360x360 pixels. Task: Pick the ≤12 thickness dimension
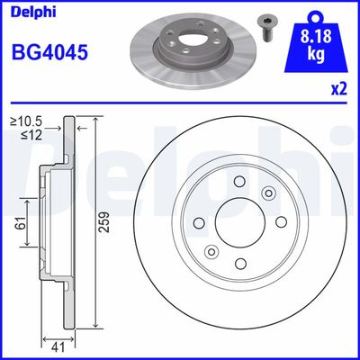pos(32,135)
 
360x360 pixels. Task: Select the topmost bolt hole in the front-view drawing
pos(240,183)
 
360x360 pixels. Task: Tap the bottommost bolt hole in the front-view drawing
pos(240,262)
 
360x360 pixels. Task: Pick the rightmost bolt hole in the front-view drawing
pos(279,222)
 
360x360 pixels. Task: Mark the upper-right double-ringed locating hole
pos(268,193)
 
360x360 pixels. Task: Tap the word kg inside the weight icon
pos(313,55)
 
